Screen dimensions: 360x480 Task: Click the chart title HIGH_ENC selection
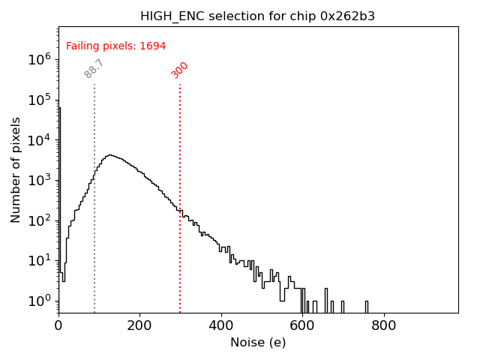click(x=258, y=16)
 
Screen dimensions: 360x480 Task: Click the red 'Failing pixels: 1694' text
click(x=116, y=46)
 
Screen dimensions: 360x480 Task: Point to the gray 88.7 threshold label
click(x=94, y=68)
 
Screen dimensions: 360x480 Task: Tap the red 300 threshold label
click(x=180, y=70)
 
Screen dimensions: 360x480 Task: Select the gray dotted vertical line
click(x=94, y=225)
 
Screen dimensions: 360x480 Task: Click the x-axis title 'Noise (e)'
click(x=258, y=343)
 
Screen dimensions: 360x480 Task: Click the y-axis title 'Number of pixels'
click(x=16, y=169)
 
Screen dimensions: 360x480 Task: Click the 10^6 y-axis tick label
click(x=38, y=58)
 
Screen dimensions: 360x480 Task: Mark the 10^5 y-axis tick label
click(x=38, y=99)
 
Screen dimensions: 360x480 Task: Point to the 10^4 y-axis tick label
click(x=38, y=139)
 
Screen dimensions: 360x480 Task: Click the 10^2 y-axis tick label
click(x=38, y=220)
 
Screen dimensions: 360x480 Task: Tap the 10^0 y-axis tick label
click(x=38, y=300)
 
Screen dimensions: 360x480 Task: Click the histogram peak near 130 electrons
click(x=110, y=155)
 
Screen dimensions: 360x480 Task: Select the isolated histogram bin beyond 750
click(x=367, y=306)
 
